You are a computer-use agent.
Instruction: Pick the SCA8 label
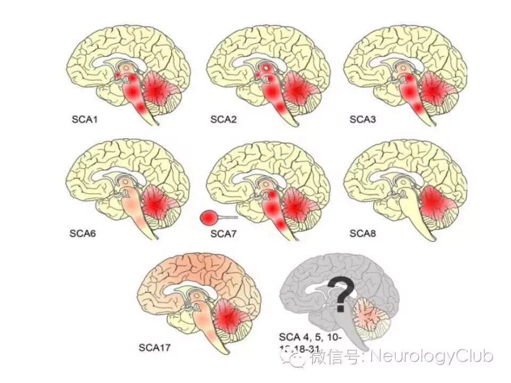(x=362, y=232)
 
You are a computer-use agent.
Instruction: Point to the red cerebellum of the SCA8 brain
(x=435, y=203)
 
